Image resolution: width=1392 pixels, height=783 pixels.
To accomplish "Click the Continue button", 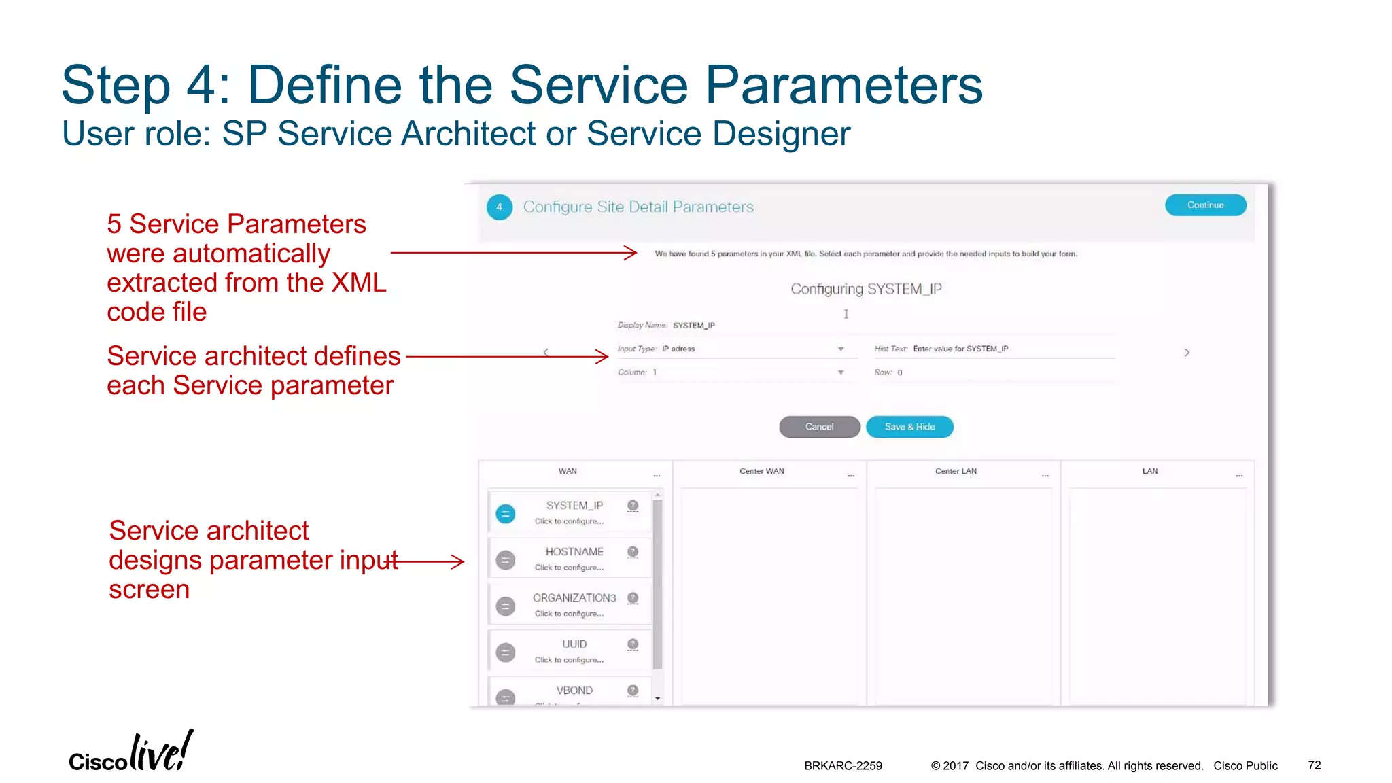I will [1205, 205].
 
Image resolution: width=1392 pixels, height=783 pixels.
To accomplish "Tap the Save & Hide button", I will [909, 427].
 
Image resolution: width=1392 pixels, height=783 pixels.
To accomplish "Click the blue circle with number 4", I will [499, 207].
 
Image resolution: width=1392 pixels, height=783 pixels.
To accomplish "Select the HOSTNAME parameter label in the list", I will [574, 552].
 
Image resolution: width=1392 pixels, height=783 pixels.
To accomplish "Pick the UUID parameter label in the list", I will [574, 644].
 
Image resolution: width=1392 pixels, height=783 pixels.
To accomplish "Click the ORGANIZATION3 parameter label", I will [574, 598].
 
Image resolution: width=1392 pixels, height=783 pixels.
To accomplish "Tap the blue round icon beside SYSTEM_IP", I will [505, 514].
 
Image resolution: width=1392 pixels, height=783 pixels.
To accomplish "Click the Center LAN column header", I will [956, 471].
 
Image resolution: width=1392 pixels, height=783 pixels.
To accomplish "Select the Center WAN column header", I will [761, 471].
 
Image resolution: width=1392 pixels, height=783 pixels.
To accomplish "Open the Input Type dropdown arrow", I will [841, 349].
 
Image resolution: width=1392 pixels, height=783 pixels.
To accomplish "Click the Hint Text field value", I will [960, 349].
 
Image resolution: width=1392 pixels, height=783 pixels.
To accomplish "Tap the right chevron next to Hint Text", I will [1187, 353].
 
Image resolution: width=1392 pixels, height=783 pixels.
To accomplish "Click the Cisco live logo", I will [130, 753].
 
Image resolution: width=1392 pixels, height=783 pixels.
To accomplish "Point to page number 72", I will [1314, 765].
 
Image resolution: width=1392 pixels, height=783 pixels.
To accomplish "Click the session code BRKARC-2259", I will [843, 766].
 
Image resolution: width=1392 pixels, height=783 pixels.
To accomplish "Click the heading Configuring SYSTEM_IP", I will [866, 289].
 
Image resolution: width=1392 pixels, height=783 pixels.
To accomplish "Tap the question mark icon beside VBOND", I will [633, 691].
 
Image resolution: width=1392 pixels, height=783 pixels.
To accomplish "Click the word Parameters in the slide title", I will [843, 85].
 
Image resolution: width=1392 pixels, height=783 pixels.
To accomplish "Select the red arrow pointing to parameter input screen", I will [430, 561].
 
